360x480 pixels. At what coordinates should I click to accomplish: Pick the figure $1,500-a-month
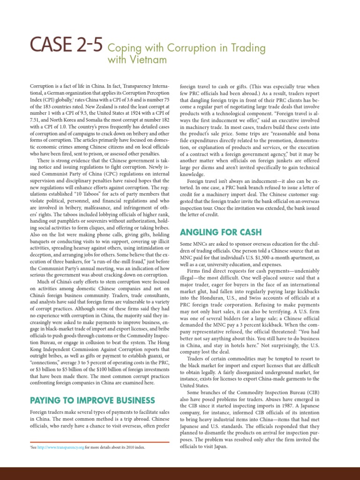click(261, 257)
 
